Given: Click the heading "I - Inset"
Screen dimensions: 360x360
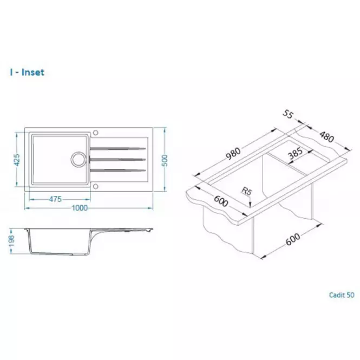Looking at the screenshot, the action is (27, 73).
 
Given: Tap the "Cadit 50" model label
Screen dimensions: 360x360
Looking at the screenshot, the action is (342, 295).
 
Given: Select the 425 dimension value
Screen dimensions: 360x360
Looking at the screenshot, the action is (17, 160).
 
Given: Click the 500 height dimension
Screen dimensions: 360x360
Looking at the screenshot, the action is (165, 160).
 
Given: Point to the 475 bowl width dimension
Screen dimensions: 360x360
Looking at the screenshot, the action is (55, 199).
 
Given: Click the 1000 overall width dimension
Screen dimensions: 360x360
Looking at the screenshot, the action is (80, 208).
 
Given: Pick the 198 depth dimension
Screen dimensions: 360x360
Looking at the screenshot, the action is (11, 241).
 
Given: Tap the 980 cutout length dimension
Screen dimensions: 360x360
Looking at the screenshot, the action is (233, 153).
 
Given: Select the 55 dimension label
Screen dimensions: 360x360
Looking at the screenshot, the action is (287, 114).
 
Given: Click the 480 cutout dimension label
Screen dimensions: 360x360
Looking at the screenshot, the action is (326, 136).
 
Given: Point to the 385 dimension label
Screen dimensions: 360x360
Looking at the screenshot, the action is (296, 153).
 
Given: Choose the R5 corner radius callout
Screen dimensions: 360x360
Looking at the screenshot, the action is (247, 191).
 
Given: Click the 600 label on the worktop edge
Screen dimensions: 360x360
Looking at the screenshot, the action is (221, 201).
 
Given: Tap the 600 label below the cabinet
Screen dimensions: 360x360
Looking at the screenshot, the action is (293, 239).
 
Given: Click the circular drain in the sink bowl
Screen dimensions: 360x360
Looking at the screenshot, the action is (78, 159).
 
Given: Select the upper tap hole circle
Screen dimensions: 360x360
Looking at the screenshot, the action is (95, 133).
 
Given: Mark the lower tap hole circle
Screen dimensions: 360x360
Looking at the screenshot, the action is (95, 186).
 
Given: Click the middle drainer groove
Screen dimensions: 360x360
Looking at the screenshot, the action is (118, 159).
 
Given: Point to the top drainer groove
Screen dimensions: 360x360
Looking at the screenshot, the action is (118, 148).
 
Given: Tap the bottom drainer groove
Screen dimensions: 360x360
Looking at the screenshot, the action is (118, 170).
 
